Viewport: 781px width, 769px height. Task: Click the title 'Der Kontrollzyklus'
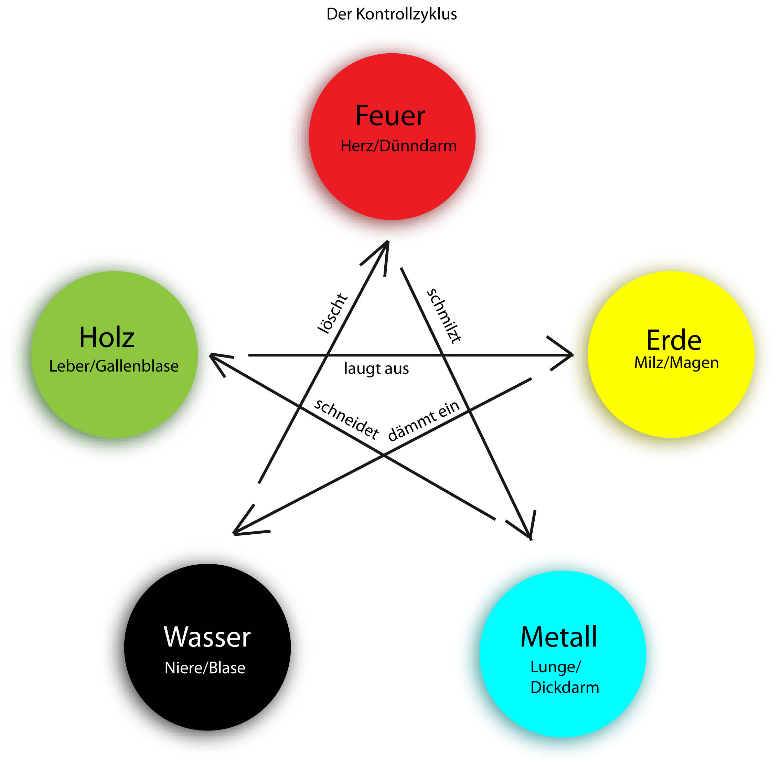[391, 14]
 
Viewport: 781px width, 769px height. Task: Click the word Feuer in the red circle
[390, 116]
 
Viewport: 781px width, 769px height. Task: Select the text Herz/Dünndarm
[398, 146]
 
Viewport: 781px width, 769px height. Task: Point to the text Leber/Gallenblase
[114, 366]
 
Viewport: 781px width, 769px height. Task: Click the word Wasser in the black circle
[207, 637]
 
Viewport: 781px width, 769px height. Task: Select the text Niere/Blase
[205, 667]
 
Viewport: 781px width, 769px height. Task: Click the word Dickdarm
[565, 687]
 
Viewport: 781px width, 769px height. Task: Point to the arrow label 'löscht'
[332, 314]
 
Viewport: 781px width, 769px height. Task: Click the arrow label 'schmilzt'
[444, 316]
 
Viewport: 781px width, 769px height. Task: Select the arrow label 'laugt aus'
[376, 369]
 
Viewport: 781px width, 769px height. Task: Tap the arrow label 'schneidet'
[346, 419]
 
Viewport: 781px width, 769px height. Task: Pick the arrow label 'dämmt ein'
[424, 420]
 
